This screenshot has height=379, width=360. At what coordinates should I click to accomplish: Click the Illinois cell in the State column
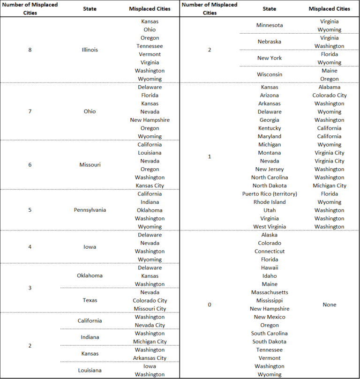(x=90, y=50)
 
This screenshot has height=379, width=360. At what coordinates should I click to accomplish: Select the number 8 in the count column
(x=30, y=50)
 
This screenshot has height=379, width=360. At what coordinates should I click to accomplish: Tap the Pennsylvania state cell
(x=90, y=210)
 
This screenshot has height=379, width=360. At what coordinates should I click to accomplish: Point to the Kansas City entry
(x=150, y=186)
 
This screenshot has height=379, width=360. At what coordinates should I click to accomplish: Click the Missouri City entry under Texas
(x=150, y=309)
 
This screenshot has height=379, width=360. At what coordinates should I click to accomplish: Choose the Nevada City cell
(x=150, y=325)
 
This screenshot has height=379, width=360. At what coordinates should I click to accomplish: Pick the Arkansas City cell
(x=150, y=358)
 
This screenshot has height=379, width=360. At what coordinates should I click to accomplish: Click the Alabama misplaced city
(x=329, y=87)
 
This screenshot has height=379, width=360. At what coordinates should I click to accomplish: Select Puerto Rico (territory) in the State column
(x=270, y=194)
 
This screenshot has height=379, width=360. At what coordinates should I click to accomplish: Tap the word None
(x=329, y=305)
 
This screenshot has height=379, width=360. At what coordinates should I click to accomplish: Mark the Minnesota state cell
(x=270, y=25)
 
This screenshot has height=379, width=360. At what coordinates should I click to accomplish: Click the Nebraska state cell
(x=270, y=42)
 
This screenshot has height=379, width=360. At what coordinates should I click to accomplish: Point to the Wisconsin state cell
(x=270, y=74)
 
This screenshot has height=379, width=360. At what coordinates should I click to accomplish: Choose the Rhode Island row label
(x=270, y=202)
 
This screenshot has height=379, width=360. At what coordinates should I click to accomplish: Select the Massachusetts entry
(x=270, y=292)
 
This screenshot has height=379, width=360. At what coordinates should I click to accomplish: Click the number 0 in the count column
(x=210, y=305)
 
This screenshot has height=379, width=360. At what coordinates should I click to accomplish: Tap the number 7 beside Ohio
(x=30, y=111)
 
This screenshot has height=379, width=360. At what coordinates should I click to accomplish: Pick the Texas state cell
(x=90, y=300)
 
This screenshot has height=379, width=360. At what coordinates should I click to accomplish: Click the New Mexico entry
(x=270, y=317)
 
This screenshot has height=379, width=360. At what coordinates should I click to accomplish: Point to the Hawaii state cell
(x=270, y=268)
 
